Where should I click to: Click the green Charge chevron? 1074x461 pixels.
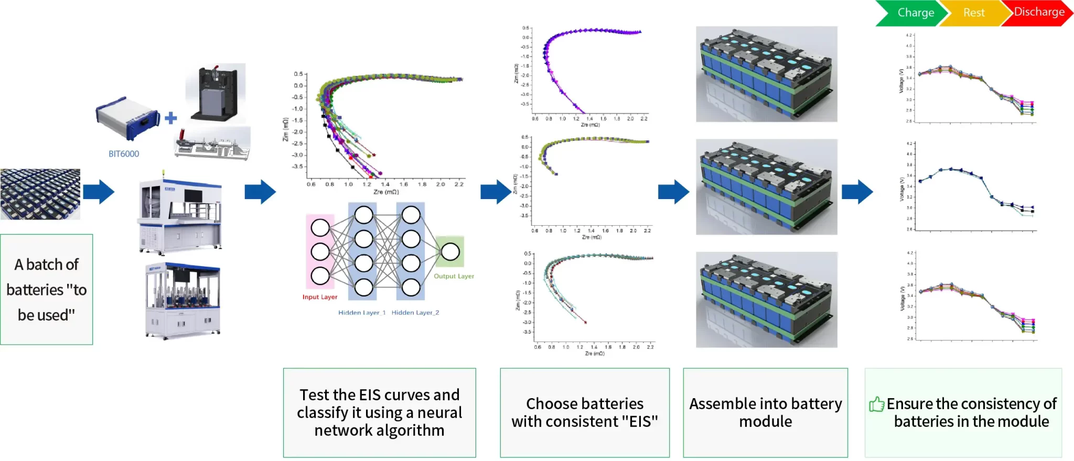pos(912,13)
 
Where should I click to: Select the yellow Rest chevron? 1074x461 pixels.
pos(974,13)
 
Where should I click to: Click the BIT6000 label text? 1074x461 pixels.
pos(124,154)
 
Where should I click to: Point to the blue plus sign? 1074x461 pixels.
pos(170,118)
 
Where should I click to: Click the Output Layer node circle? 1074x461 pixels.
pos(450,252)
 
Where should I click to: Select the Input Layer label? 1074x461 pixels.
pos(319,297)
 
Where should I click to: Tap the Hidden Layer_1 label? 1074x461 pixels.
pos(362,313)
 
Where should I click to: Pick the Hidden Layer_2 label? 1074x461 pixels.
pos(415,313)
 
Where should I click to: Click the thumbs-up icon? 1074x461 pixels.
pos(876,404)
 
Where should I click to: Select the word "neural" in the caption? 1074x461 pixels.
pos(439,413)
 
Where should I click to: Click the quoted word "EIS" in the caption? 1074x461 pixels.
pos(640,422)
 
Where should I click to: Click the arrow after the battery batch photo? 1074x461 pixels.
pos(99,192)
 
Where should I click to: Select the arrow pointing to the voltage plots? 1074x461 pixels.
pos(857,192)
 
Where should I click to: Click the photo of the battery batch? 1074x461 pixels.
pos(40,194)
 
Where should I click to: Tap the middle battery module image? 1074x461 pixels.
pos(766,187)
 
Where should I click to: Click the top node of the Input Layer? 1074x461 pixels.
pos(320,228)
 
